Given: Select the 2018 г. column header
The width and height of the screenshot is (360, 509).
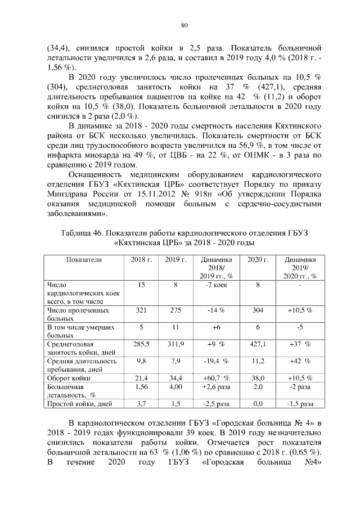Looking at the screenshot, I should [x=141, y=260].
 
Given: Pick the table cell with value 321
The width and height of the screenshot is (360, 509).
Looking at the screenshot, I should [x=141, y=310].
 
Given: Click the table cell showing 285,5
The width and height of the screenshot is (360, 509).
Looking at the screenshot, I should [x=141, y=343].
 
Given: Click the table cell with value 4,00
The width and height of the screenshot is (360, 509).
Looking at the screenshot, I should [x=175, y=387].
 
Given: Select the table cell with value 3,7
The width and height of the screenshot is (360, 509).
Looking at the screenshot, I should [x=141, y=404].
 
